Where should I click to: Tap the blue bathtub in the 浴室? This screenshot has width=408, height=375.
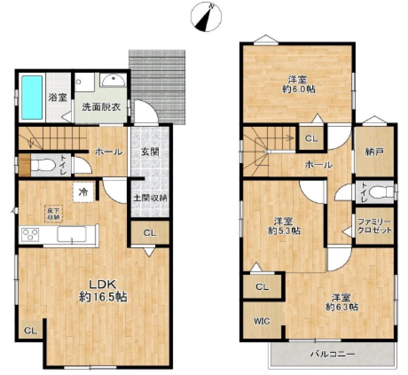(x=32, y=97)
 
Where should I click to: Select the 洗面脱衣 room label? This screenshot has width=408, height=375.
(x=102, y=107)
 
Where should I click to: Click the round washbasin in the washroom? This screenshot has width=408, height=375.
(x=113, y=80)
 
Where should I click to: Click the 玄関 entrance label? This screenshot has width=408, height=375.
(x=150, y=152)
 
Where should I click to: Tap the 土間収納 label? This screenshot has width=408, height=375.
(x=150, y=198)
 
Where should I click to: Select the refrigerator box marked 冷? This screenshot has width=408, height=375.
(x=83, y=192)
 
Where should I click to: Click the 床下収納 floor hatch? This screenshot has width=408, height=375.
(x=53, y=214)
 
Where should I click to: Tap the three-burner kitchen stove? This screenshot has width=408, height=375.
(x=30, y=235)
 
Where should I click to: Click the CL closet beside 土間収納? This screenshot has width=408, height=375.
(x=150, y=233)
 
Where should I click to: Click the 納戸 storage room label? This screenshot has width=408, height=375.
(x=374, y=152)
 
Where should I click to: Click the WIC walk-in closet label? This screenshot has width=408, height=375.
(x=262, y=322)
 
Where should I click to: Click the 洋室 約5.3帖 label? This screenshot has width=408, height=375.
(x=284, y=226)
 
